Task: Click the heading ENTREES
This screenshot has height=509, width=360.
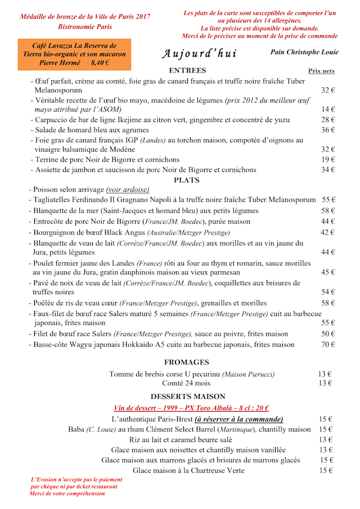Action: [187, 70]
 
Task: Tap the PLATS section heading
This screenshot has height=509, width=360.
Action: [187, 180]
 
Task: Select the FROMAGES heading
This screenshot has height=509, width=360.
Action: [187, 362]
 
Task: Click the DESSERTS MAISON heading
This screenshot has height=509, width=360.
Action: [188, 397]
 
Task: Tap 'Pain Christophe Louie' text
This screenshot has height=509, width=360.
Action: [304, 52]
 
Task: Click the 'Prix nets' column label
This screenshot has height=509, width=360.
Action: [321, 71]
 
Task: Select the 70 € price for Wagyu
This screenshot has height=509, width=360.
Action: [328, 345]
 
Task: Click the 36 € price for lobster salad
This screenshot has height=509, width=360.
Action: [328, 130]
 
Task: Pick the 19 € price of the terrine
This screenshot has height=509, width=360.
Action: [328, 160]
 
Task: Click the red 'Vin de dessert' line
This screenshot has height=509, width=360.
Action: [191, 408]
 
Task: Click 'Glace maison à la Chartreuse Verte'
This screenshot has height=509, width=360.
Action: [188, 470]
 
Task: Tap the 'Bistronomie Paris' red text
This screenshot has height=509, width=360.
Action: [85, 26]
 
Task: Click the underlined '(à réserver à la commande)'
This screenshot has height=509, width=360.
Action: [239, 419]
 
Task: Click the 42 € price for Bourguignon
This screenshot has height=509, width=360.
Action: [328, 232]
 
